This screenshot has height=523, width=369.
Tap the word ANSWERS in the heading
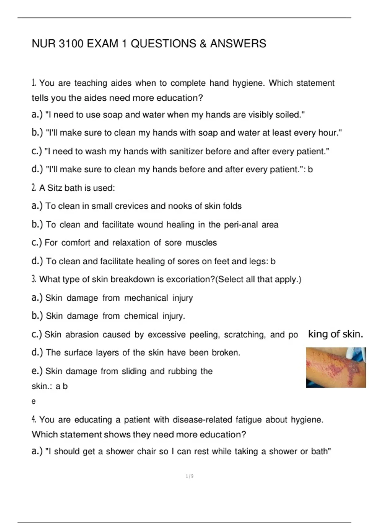(238, 44)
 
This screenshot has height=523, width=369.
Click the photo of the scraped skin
(336, 367)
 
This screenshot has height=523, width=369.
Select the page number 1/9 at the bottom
(190, 476)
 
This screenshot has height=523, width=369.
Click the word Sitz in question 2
(55, 188)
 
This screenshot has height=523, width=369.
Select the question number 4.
(34, 419)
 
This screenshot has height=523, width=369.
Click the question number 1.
(34, 83)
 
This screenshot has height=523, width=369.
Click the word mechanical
(146, 298)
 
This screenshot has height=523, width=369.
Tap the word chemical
(141, 316)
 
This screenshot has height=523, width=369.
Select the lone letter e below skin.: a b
(34, 401)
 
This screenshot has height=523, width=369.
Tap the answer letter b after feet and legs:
(273, 261)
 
